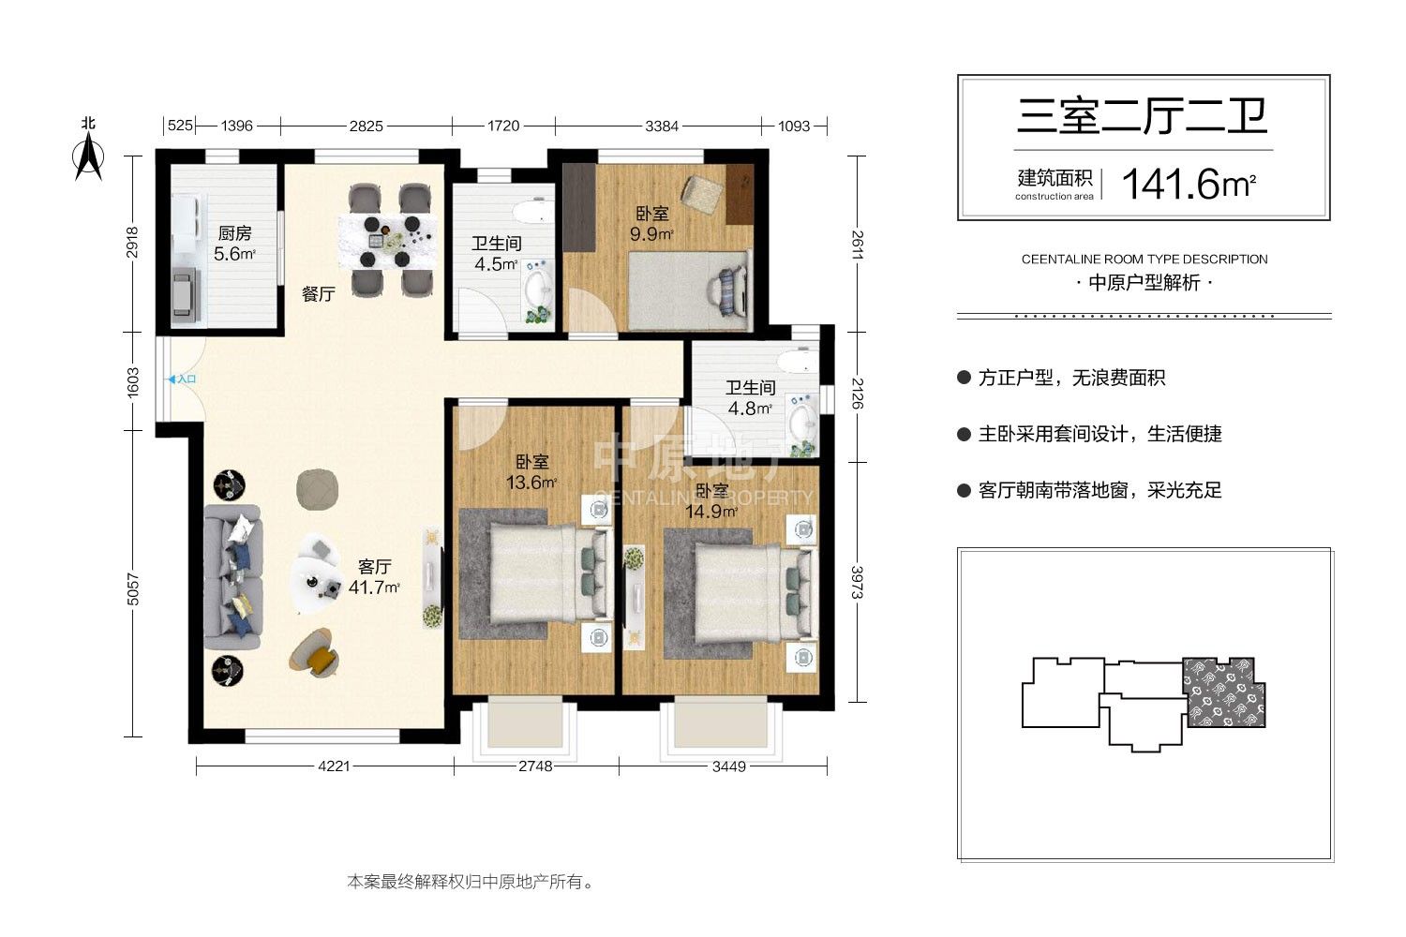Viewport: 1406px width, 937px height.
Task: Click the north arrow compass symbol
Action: (x=88, y=157)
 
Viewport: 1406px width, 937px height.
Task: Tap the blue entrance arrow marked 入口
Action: (x=172, y=379)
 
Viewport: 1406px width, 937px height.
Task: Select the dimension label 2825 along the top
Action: (x=366, y=126)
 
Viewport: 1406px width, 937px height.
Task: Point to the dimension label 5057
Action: (x=132, y=589)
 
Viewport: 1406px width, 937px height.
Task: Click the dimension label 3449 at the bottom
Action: (x=728, y=766)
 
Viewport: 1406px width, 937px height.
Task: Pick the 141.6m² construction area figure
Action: (x=1189, y=184)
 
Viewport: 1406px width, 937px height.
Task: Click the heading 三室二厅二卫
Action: (x=1143, y=117)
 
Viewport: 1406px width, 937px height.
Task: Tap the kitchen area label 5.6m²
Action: (x=234, y=254)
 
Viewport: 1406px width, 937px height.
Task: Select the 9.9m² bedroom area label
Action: (x=651, y=234)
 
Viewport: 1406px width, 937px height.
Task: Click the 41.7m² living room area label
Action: (x=374, y=587)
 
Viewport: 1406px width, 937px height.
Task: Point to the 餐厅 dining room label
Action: (x=319, y=293)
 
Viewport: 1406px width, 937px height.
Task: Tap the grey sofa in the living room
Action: (x=232, y=577)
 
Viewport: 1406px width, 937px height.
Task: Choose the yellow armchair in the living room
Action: (x=314, y=653)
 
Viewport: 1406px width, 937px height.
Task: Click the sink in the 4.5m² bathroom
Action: (x=538, y=288)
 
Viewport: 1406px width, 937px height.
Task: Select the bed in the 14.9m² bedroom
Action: (x=755, y=593)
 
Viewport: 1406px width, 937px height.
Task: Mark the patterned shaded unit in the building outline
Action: (x=1223, y=692)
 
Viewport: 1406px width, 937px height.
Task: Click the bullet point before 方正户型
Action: (x=965, y=378)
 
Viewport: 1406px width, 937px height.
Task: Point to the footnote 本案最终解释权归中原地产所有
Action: (x=470, y=882)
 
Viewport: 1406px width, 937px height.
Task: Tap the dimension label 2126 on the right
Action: (x=857, y=394)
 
